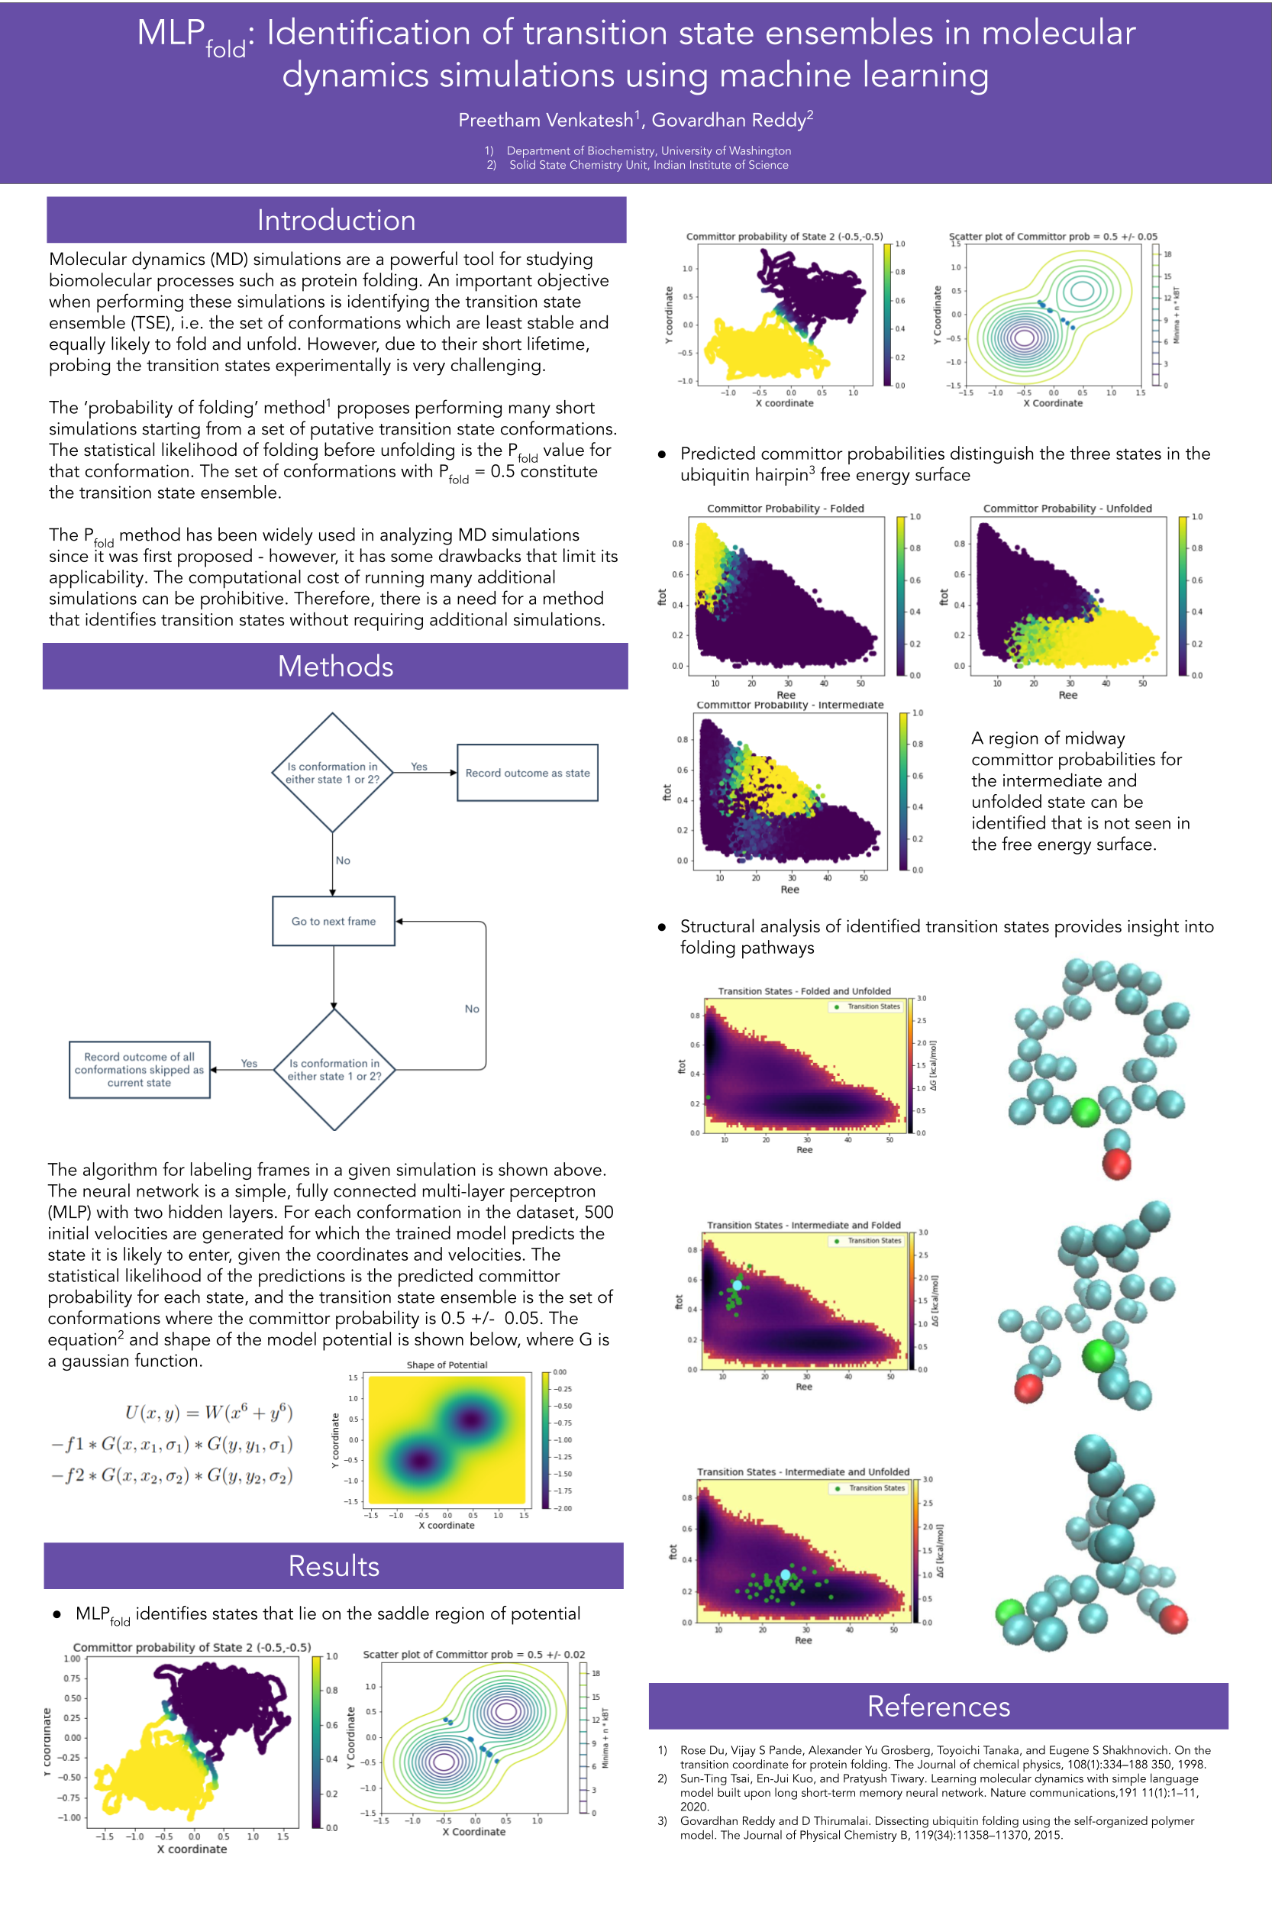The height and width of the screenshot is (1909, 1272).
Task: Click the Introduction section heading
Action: [x=336, y=220]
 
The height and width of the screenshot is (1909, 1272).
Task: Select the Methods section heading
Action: [x=335, y=666]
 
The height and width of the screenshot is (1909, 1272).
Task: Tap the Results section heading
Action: [x=334, y=1566]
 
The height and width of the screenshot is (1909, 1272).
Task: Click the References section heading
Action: [x=938, y=1706]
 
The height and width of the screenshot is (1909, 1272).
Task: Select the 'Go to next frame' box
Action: [x=334, y=922]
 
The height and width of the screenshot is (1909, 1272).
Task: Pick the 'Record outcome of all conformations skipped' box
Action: [x=140, y=1070]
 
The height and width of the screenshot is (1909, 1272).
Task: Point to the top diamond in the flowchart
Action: [x=333, y=772]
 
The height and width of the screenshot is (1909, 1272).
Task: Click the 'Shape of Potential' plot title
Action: [x=447, y=1365]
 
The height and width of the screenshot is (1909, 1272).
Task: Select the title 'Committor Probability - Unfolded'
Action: [x=1067, y=509]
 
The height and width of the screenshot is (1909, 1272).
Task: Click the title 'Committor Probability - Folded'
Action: [x=785, y=509]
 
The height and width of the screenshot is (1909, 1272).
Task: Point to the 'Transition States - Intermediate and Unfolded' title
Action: [x=803, y=1471]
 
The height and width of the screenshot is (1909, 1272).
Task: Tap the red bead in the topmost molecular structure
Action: [x=1117, y=1164]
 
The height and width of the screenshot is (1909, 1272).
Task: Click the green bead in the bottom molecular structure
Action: [x=1010, y=1611]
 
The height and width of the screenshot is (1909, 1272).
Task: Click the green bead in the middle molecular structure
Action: [x=1099, y=1354]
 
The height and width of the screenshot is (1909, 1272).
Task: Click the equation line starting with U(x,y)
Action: [x=208, y=1413]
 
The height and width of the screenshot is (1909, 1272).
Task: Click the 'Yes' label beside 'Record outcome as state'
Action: [x=418, y=767]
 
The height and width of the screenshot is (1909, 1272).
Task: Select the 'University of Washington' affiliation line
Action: [x=648, y=151]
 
